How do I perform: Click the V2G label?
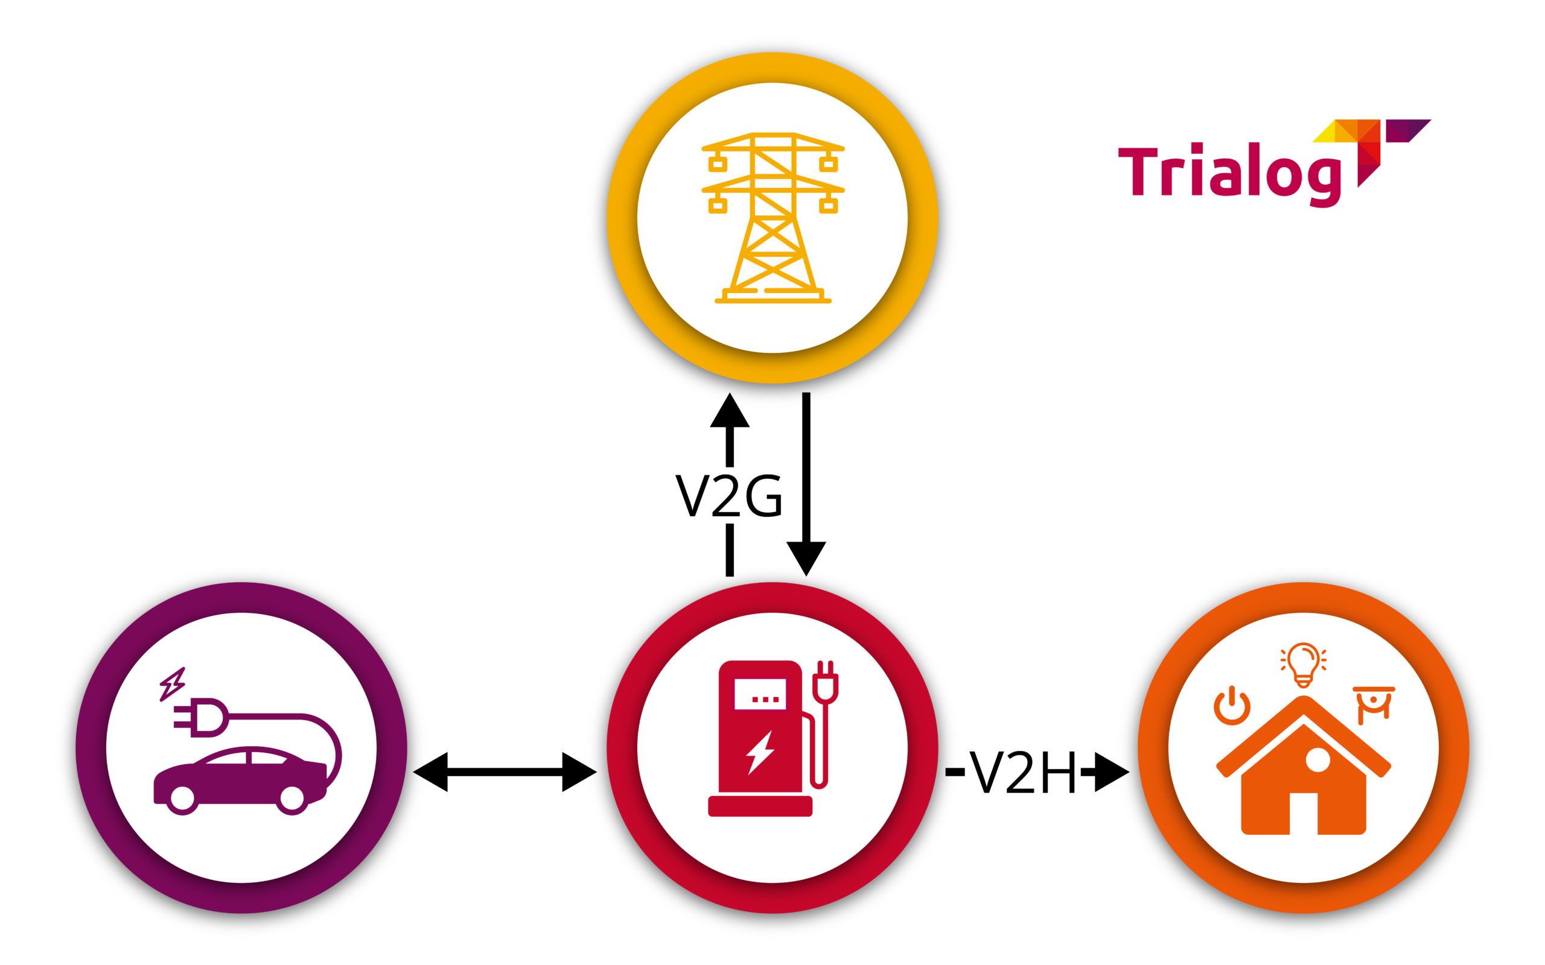tap(728, 495)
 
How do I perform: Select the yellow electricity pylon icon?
tap(772, 218)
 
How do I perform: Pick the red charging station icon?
tap(772, 738)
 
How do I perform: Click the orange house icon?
tap(1303, 765)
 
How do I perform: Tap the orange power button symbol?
tap(1232, 705)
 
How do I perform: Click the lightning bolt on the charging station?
tap(760, 753)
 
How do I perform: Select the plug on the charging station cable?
tap(825, 682)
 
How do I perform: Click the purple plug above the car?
tap(200, 717)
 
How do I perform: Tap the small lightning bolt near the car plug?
tap(173, 684)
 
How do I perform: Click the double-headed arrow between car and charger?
tap(505, 772)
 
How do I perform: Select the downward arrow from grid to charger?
tap(806, 484)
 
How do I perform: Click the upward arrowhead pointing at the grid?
tap(729, 410)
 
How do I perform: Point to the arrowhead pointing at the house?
tap(1112, 772)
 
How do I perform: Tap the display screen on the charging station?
tap(760, 694)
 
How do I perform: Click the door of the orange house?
tap(1303, 814)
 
